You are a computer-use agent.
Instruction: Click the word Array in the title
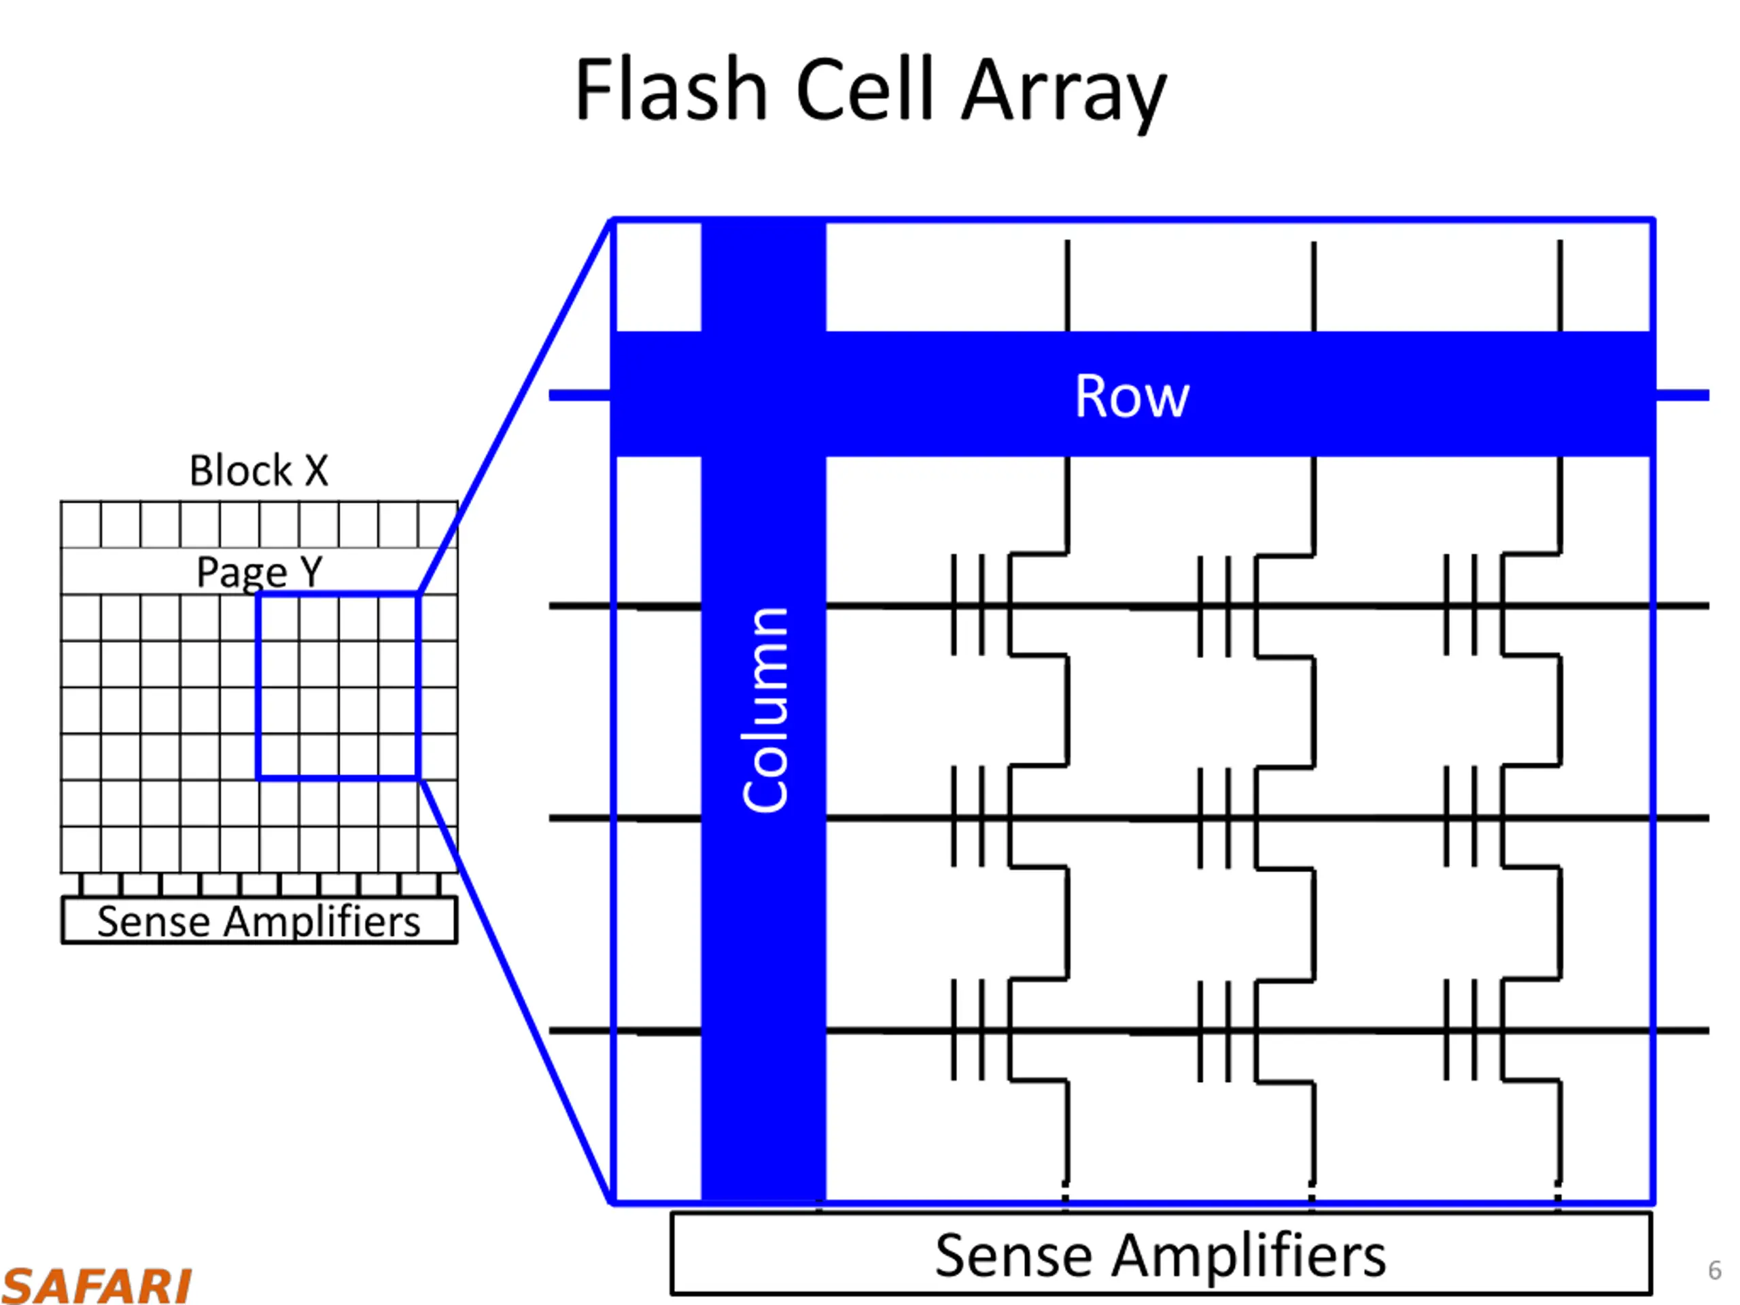[x=1064, y=94]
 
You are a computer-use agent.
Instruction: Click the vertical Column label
[x=765, y=709]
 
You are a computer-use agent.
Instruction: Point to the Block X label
[x=259, y=470]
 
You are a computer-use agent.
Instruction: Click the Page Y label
[x=260, y=572]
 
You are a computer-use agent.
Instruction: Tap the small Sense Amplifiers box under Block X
[x=260, y=920]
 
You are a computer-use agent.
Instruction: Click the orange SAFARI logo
[x=96, y=1285]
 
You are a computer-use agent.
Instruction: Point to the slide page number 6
[x=1715, y=1270]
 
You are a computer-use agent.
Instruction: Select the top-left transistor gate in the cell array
[x=969, y=605]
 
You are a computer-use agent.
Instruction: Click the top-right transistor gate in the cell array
[x=1461, y=605]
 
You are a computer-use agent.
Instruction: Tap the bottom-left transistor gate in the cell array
[x=969, y=1030]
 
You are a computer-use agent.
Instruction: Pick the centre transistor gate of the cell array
[x=1215, y=817]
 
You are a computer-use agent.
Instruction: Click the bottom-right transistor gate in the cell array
[x=1461, y=1030]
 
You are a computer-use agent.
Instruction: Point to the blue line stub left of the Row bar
[x=580, y=395]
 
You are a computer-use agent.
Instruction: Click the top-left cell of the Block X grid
[x=81, y=524]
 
